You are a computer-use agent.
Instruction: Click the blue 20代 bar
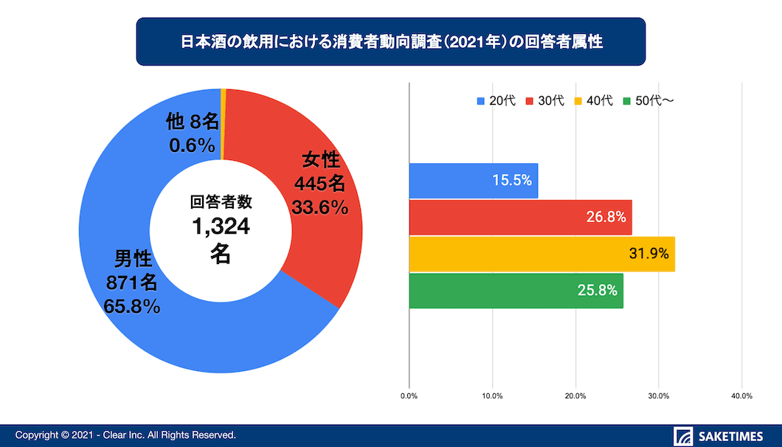point(473,181)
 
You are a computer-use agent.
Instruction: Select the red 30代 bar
point(520,218)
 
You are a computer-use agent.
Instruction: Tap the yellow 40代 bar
point(541,254)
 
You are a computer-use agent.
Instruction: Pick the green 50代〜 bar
point(516,291)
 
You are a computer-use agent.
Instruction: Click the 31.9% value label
point(649,254)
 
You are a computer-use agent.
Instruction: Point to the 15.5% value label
point(513,181)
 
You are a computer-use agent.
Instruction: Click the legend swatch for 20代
point(481,101)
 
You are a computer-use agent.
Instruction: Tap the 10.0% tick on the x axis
point(492,396)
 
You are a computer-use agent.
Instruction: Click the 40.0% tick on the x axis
point(741,396)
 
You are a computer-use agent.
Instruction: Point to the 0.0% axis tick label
point(409,396)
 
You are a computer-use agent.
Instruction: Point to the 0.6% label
point(192,145)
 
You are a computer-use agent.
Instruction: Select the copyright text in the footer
point(125,435)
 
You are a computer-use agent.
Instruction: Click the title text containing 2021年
point(391,42)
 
